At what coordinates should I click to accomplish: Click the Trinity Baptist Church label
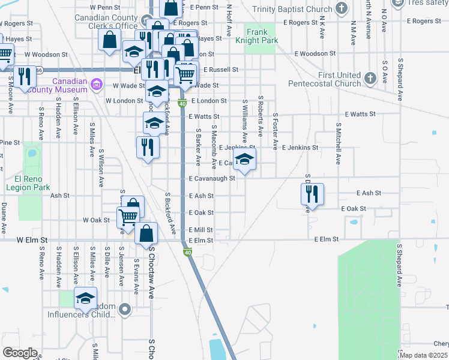(292, 9)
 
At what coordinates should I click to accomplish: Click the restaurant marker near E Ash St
(312, 194)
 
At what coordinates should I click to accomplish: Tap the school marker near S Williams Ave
(244, 159)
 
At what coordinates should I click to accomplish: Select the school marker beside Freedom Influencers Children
(86, 298)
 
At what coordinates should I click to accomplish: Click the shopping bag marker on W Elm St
(146, 233)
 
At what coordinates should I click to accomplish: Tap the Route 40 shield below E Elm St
(188, 253)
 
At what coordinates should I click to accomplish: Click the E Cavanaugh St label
(211, 179)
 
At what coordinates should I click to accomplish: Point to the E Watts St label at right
(360, 113)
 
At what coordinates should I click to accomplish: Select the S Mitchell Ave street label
(338, 145)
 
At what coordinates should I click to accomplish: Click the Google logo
(20, 353)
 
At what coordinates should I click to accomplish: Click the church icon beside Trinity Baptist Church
(342, 8)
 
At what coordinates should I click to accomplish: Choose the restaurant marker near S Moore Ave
(24, 77)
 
